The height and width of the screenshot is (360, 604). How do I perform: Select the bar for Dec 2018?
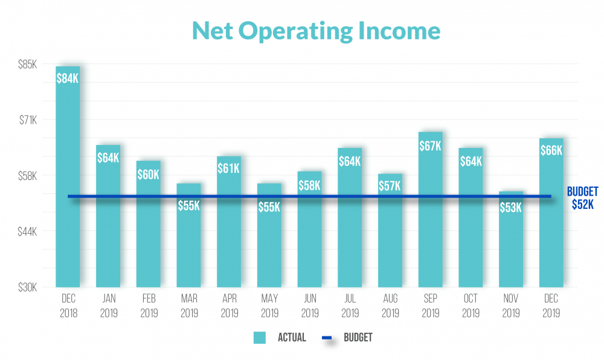(x=68, y=181)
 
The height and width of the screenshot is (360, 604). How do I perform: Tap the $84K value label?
(x=68, y=79)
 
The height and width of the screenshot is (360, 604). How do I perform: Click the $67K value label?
(x=430, y=146)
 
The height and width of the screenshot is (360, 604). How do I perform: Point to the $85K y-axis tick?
(x=28, y=64)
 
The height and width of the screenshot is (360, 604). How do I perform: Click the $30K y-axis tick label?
(x=28, y=288)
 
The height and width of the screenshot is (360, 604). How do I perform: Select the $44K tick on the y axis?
(x=28, y=232)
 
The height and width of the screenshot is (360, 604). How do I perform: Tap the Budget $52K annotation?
(x=582, y=198)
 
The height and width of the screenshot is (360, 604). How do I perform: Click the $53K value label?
(x=511, y=208)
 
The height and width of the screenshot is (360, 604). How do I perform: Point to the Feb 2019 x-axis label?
(x=148, y=306)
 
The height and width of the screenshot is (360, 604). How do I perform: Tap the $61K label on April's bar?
(x=229, y=169)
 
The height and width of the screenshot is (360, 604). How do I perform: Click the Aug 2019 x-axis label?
(x=390, y=306)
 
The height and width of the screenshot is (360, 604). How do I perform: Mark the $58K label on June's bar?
(x=309, y=185)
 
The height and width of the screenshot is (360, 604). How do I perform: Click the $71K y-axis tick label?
(x=28, y=120)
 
